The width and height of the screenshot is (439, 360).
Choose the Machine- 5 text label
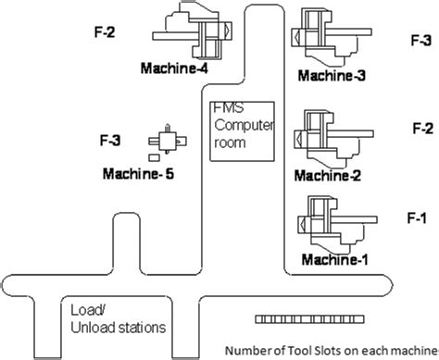(138, 173)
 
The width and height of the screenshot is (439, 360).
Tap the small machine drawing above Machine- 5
(167, 141)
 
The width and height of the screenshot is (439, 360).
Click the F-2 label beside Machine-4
(105, 34)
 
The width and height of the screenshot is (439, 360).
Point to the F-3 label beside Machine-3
(420, 41)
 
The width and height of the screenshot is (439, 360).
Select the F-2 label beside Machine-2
(421, 129)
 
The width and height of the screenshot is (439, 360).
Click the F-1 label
(416, 217)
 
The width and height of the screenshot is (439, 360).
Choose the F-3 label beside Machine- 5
(110, 141)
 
